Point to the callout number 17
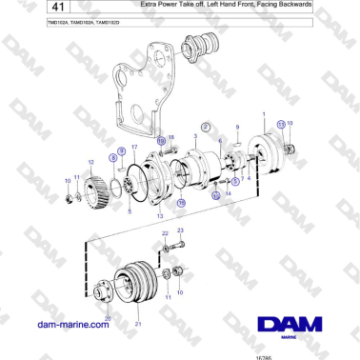pyautogui.click(x=134, y=148)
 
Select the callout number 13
pyautogui.click(x=159, y=216)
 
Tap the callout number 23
pyautogui.click(x=179, y=230)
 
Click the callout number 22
pyautogui.click(x=164, y=232)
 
